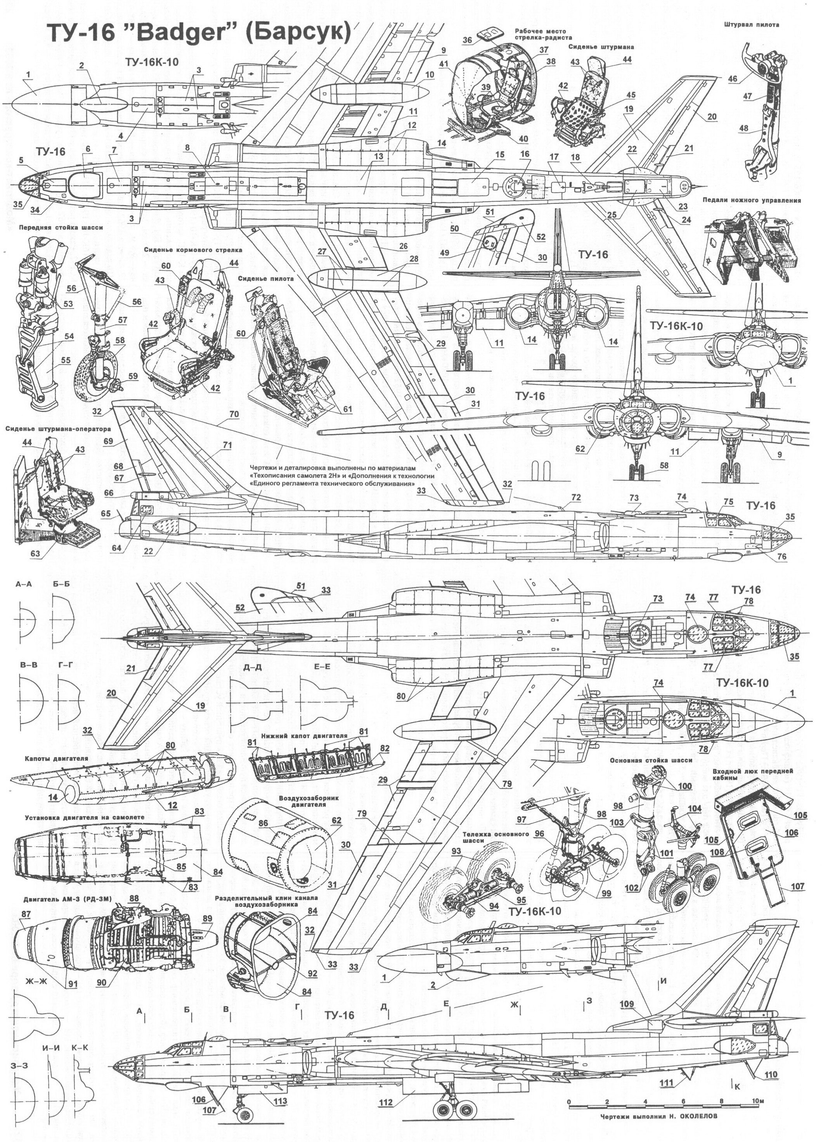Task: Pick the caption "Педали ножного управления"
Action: point(752,201)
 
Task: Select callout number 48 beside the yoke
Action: point(743,128)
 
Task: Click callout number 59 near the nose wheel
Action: point(132,376)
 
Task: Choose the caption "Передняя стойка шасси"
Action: point(61,228)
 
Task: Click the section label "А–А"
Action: point(24,585)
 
